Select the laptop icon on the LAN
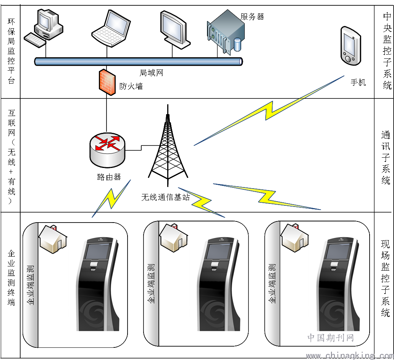[x=111, y=28]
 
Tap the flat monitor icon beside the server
[x=174, y=30]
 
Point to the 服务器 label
[x=252, y=17]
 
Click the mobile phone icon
[x=350, y=46]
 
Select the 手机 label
[x=358, y=82]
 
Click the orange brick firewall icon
[x=107, y=82]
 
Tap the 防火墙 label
[x=131, y=86]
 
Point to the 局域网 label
[x=151, y=73]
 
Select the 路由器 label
[x=109, y=177]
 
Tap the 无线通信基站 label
[x=165, y=197]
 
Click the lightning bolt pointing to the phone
[x=269, y=111]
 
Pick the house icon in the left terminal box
[x=53, y=239]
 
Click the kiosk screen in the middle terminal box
[x=218, y=251]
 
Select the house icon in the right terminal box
[x=294, y=238]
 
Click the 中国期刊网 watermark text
[x=331, y=338]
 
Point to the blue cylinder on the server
[x=237, y=44]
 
